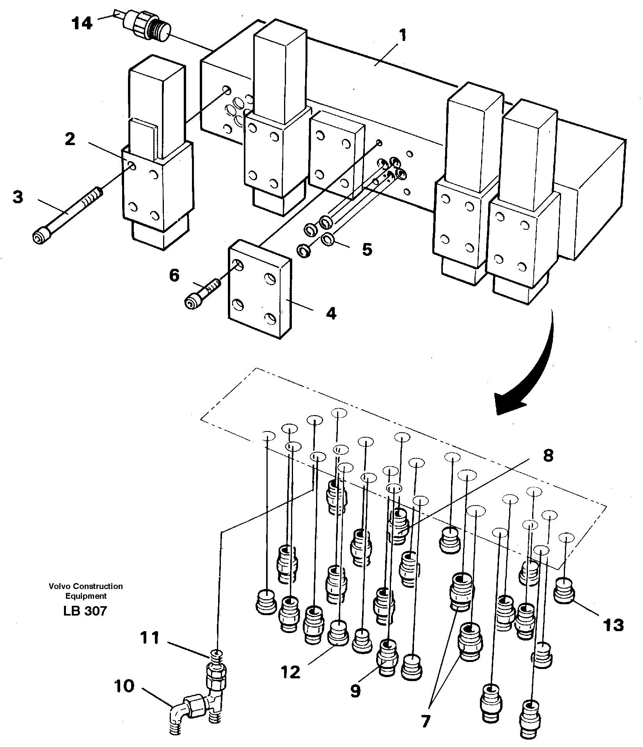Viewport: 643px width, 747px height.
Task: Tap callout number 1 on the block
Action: (403, 36)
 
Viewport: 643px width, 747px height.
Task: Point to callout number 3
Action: (18, 197)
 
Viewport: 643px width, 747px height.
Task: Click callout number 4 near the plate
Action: (331, 313)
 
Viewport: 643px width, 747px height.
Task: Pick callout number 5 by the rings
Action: (367, 249)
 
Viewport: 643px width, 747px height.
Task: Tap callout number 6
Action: (174, 276)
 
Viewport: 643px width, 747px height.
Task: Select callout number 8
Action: (548, 455)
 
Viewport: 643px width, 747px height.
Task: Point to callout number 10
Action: (124, 686)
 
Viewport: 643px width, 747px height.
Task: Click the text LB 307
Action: (85, 610)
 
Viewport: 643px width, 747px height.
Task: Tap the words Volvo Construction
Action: (86, 586)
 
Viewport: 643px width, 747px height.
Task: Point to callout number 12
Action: (290, 672)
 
